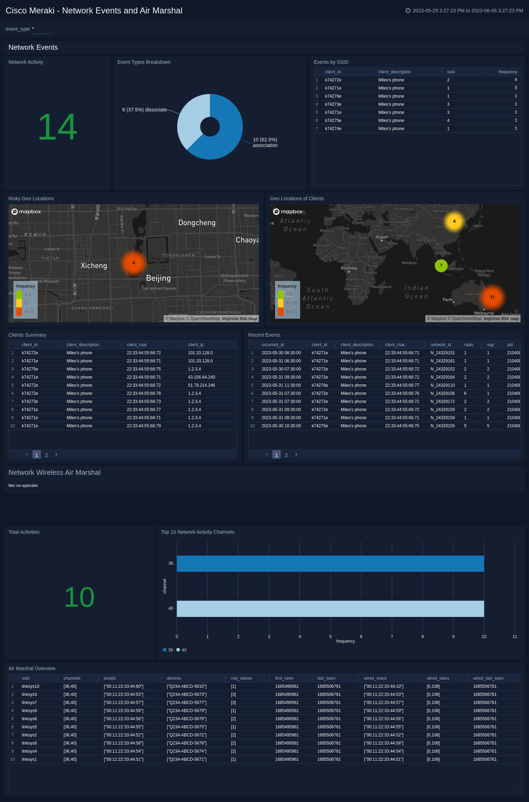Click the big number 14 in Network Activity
57,127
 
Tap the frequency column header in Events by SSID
507,72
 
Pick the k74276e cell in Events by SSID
333,96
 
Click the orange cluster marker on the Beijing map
134,263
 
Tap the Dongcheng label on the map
197,223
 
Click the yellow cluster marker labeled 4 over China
454,221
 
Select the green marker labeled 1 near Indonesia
441,265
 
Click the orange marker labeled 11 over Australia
492,297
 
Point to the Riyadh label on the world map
382,237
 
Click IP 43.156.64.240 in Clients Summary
201,377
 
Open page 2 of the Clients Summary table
47,455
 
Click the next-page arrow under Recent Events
296,455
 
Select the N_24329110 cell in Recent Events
442,385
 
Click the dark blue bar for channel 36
330,564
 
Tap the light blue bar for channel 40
330,609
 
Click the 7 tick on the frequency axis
392,637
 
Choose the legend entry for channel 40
182,650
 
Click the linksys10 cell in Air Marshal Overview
30,686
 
